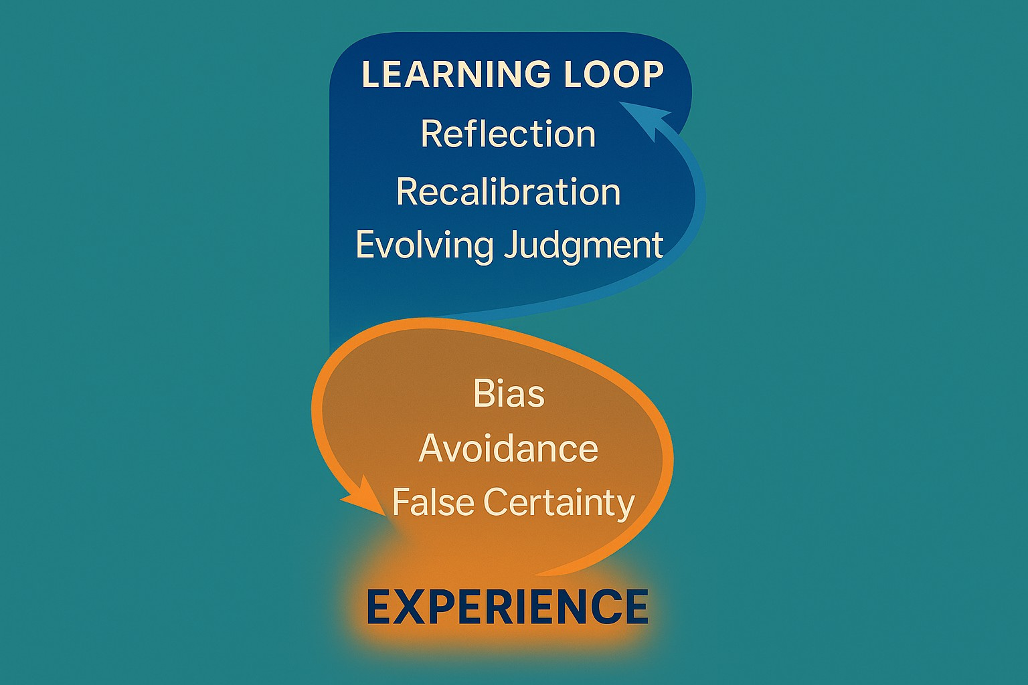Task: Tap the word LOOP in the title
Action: coord(613,74)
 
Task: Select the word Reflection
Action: coord(508,134)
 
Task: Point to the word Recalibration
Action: coord(508,191)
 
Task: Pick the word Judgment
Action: coord(583,246)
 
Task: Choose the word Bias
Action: coord(509,393)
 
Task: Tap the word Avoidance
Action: coord(508,448)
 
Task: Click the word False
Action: coord(432,502)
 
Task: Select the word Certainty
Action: coord(559,503)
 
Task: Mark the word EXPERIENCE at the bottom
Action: coord(507,607)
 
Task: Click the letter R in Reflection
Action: coord(430,134)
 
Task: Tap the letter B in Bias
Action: coord(483,393)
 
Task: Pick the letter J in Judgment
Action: coord(510,245)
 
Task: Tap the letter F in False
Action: coord(400,502)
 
